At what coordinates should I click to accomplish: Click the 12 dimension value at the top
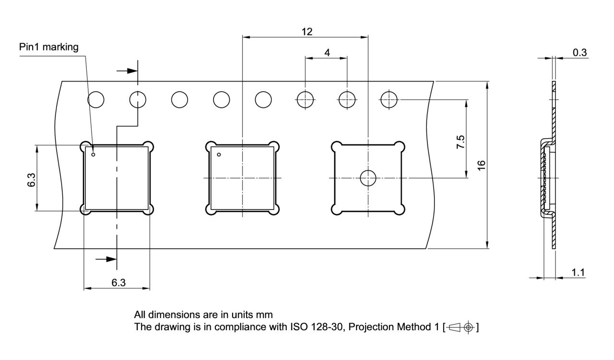pyautogui.click(x=307, y=32)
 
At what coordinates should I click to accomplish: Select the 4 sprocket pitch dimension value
pyautogui.click(x=327, y=53)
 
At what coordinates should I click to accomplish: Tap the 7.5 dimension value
pyautogui.click(x=461, y=142)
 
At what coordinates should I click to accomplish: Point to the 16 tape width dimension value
pyautogui.click(x=482, y=165)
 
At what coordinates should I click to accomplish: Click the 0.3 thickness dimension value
pyautogui.click(x=580, y=52)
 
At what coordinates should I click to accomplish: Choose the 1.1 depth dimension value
pyautogui.click(x=578, y=272)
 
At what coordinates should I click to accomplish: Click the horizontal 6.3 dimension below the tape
pyautogui.click(x=118, y=282)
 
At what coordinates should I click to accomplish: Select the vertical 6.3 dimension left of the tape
pyautogui.click(x=32, y=180)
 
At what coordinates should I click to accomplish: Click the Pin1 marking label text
pyautogui.click(x=49, y=47)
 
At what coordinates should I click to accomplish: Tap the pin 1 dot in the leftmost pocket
pyautogui.click(x=93, y=154)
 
